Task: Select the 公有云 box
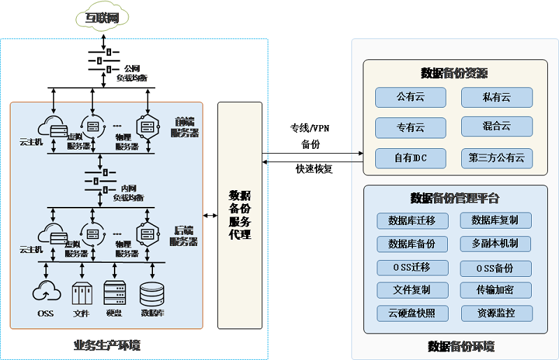coord(410,97)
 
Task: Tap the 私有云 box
coord(497,97)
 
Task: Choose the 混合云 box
coord(497,127)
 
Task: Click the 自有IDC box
coord(410,158)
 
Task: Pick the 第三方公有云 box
coord(497,158)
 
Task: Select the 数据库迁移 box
coord(412,221)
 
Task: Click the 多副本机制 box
coord(496,243)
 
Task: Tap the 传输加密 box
coord(496,289)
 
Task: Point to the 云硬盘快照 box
coord(412,312)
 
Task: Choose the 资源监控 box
coord(496,312)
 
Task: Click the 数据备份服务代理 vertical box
coord(240,215)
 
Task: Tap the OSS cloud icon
coord(46,291)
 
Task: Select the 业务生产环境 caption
coord(107,345)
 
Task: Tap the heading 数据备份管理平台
coord(454,198)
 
